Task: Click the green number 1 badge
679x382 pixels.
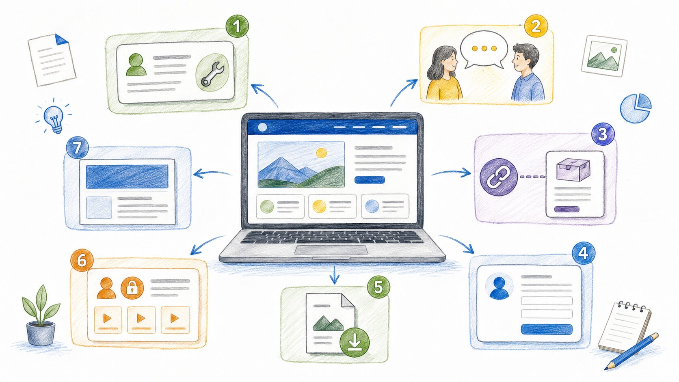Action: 237,26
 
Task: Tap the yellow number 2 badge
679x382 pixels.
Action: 536,26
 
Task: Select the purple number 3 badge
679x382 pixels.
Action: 603,134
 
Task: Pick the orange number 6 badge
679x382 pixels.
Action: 82,261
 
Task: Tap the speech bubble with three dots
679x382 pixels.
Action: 484,50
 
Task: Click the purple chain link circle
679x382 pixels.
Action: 499,177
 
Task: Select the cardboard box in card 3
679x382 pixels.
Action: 573,170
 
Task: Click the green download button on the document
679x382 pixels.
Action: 355,342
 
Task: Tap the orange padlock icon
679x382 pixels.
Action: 132,288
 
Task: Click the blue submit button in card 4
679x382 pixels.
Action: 547,329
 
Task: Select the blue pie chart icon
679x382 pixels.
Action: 636,108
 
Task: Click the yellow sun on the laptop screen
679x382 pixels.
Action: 321,153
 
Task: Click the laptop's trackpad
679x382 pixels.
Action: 331,250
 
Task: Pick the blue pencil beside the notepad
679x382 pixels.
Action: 631,352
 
